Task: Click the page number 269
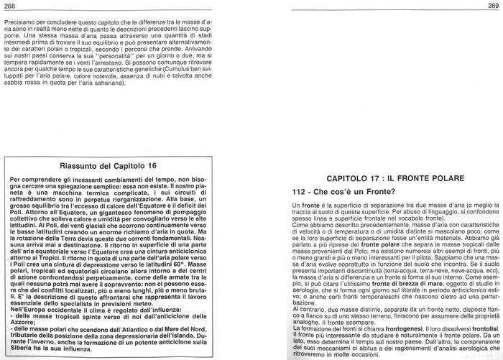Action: (493, 6)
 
